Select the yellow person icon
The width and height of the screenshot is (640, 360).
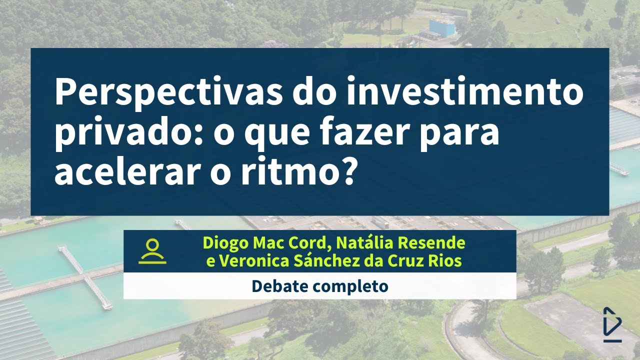(x=153, y=251)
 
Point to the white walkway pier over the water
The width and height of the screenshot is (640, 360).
(x=85, y=276)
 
